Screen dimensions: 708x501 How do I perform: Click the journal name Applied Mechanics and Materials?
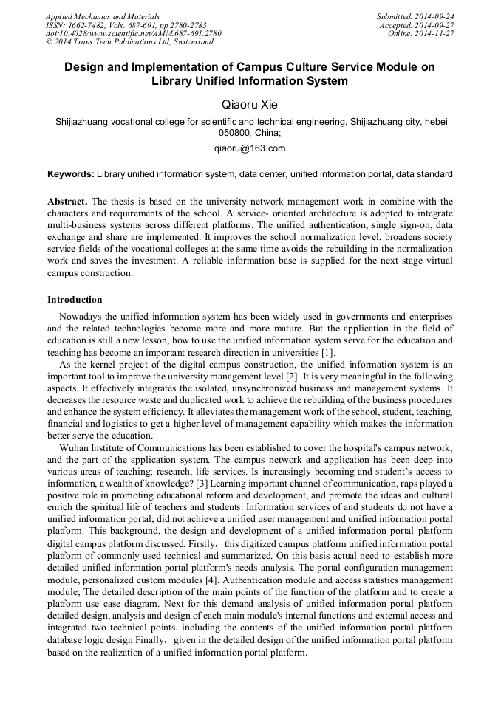[x=103, y=16]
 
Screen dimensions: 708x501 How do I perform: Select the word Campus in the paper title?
[x=284, y=67]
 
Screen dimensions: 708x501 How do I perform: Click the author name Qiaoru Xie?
[x=250, y=104]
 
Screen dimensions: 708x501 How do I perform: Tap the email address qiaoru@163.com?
[x=250, y=148]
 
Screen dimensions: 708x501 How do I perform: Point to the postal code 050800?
[x=235, y=133]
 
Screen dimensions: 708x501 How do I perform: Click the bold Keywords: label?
[x=71, y=174]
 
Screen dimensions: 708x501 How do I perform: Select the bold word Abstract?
[x=67, y=202]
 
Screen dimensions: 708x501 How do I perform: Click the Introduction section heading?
[x=75, y=300]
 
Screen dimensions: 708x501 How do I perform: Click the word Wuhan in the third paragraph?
[x=75, y=450]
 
